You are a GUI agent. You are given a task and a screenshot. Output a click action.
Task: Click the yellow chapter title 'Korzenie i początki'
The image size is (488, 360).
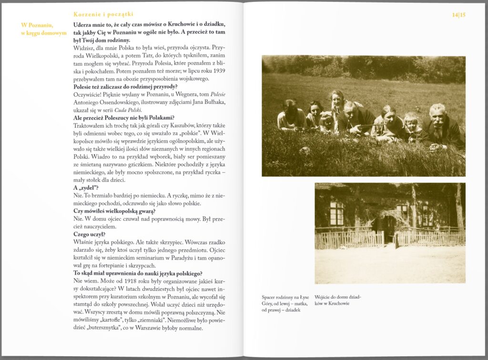(x=103, y=15)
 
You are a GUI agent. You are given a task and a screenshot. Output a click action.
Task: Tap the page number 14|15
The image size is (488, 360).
(x=459, y=15)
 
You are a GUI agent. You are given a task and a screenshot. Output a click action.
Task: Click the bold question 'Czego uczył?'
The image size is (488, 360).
(x=90, y=234)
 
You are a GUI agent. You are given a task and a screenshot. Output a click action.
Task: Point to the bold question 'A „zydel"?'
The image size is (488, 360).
(x=86, y=188)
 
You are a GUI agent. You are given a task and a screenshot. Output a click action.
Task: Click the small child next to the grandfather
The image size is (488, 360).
(x=411, y=123)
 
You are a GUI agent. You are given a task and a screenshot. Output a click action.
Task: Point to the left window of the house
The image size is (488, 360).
(x=336, y=213)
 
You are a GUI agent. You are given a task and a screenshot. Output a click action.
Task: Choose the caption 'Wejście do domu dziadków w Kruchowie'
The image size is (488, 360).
(x=338, y=300)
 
